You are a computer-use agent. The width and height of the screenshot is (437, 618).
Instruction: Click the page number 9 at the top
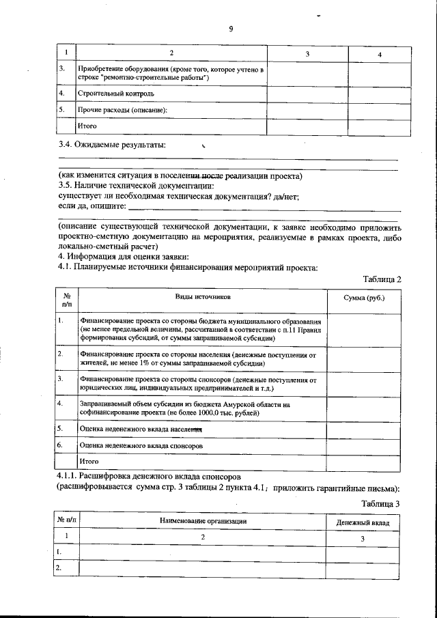pyautogui.click(x=231, y=28)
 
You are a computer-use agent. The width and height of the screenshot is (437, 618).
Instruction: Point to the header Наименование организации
pyautogui.click(x=203, y=522)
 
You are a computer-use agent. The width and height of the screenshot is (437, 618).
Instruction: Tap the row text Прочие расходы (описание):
pyautogui.click(x=122, y=109)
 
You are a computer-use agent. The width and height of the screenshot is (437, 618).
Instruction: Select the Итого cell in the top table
pyautogui.click(x=87, y=126)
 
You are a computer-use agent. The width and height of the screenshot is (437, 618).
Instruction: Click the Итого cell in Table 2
pyautogui.click(x=89, y=462)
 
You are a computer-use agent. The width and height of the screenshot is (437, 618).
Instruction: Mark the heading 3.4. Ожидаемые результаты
pyautogui.click(x=113, y=145)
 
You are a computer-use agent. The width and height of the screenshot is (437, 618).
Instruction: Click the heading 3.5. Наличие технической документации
pyautogui.click(x=136, y=186)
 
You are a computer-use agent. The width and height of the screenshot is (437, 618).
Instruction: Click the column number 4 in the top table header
pyautogui.click(x=379, y=54)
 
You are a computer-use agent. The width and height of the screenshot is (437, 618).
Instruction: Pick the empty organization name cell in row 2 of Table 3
pyautogui.click(x=203, y=568)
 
